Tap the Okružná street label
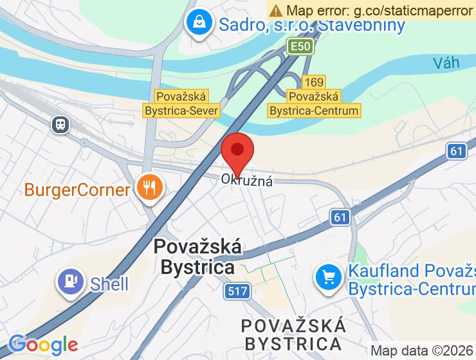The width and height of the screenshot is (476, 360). [x=248, y=181]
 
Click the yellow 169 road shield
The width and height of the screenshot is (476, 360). [x=314, y=82]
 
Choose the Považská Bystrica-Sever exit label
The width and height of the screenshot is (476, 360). [x=181, y=103]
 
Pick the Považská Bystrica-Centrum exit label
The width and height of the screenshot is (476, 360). [x=314, y=103]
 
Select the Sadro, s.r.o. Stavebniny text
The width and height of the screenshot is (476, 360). [x=312, y=25]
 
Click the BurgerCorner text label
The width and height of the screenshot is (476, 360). [x=77, y=190]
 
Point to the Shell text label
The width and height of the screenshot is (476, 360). [x=109, y=283]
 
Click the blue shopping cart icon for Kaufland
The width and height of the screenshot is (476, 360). [x=329, y=278]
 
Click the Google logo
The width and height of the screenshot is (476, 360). [x=42, y=345]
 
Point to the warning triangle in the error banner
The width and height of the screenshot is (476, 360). [x=277, y=10]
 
